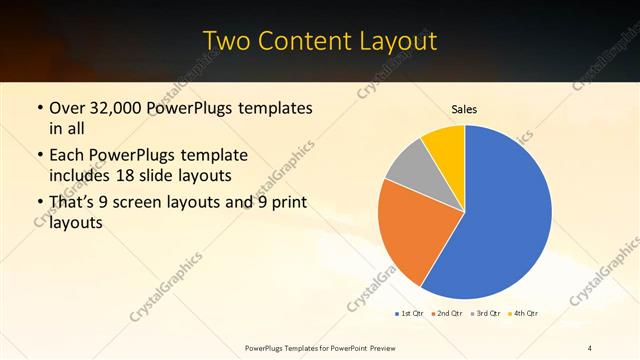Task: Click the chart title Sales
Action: [465, 108]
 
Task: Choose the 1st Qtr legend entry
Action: [408, 314]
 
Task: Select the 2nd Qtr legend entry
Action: [444, 314]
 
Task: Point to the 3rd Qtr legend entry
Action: [485, 314]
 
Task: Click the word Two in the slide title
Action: [228, 42]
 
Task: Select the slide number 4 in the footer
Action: [590, 347]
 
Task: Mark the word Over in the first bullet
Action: [69, 108]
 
